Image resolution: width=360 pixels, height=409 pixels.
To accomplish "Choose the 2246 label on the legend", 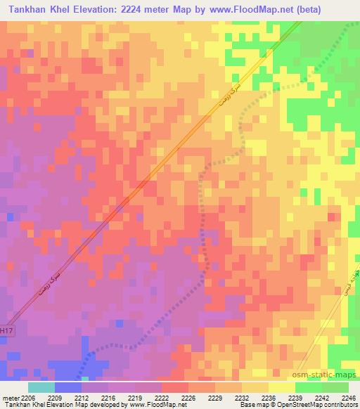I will pyautogui.click(x=348, y=397).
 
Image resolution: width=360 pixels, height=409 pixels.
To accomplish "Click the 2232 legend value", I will pyautogui.click(x=241, y=397).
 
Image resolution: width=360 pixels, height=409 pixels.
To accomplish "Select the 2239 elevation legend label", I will pyautogui.click(x=295, y=397).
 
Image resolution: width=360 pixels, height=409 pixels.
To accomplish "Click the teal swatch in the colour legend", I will pyautogui.click(x=41, y=387).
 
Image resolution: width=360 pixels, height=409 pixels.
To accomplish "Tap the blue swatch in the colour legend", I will pyautogui.click(x=67, y=387).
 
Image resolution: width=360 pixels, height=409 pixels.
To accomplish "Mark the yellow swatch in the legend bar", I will pyautogui.click(x=281, y=387).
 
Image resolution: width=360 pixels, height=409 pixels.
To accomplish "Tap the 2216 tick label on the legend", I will pyautogui.click(x=108, y=397).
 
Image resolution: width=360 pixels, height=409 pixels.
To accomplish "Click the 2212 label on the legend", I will pyautogui.click(x=81, y=397).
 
